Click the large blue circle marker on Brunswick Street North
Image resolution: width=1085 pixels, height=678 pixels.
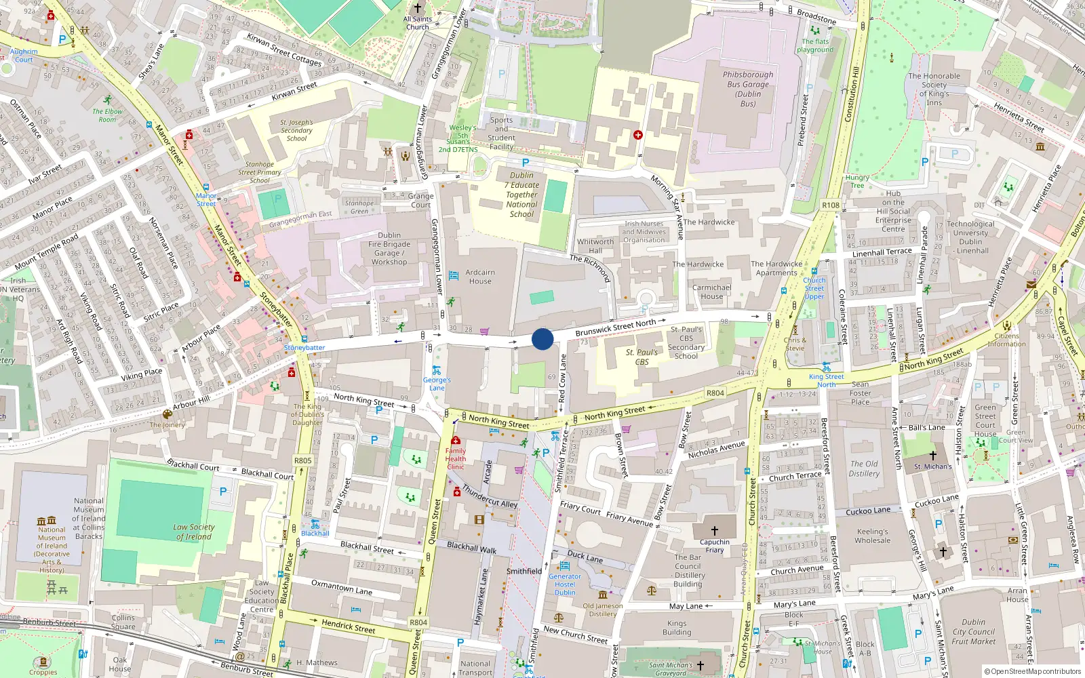click(542, 339)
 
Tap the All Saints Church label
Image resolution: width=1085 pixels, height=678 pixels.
click(417, 23)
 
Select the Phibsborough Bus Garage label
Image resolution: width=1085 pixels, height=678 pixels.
click(748, 89)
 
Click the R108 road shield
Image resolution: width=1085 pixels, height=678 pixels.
click(831, 205)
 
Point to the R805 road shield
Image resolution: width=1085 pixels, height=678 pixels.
click(303, 460)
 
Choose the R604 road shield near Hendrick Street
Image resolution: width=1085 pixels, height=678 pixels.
click(418, 622)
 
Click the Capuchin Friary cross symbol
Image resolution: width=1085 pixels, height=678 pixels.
click(714, 530)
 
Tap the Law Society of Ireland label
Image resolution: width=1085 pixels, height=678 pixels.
click(193, 532)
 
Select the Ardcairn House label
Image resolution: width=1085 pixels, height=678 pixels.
click(480, 277)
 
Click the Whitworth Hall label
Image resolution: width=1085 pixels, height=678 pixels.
click(595, 245)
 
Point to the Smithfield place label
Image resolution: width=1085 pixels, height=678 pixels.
click(524, 571)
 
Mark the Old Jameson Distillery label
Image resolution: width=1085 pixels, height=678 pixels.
click(602, 610)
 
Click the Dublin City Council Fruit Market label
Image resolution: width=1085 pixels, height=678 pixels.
click(973, 631)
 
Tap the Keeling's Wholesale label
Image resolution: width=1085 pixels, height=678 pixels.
click(872, 536)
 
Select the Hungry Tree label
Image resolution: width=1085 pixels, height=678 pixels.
click(857, 181)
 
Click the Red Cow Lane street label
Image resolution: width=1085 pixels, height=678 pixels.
click(562, 380)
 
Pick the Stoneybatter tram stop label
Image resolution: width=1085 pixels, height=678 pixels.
click(304, 348)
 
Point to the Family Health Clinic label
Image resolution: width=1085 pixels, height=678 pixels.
click(456, 458)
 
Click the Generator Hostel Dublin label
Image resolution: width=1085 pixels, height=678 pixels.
click(565, 584)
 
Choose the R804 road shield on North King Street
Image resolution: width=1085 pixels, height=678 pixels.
click(715, 393)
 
